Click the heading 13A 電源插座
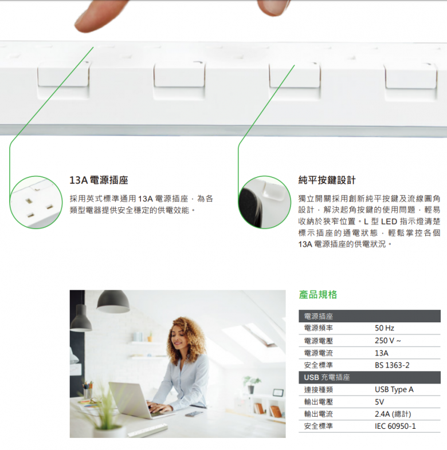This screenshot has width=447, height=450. [x=99, y=180]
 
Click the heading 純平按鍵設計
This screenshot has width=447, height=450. [x=327, y=180]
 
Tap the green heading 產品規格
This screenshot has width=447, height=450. [x=318, y=295]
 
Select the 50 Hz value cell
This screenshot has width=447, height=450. [x=385, y=328]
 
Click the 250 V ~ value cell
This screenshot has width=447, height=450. [x=388, y=341]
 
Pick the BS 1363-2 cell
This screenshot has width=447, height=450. [x=392, y=365]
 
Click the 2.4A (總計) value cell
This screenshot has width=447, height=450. [x=393, y=414]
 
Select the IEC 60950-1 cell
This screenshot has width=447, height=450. [x=395, y=426]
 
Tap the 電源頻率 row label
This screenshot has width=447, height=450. [x=319, y=328]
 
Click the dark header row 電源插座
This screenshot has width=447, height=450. [x=319, y=316]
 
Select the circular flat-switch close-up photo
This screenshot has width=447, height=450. [x=264, y=202]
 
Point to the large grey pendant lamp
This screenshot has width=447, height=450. [x=112, y=301]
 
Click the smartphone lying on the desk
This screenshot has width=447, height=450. [x=194, y=413]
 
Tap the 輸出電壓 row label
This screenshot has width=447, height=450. [x=319, y=402]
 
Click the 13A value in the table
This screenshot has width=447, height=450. [x=381, y=353]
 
